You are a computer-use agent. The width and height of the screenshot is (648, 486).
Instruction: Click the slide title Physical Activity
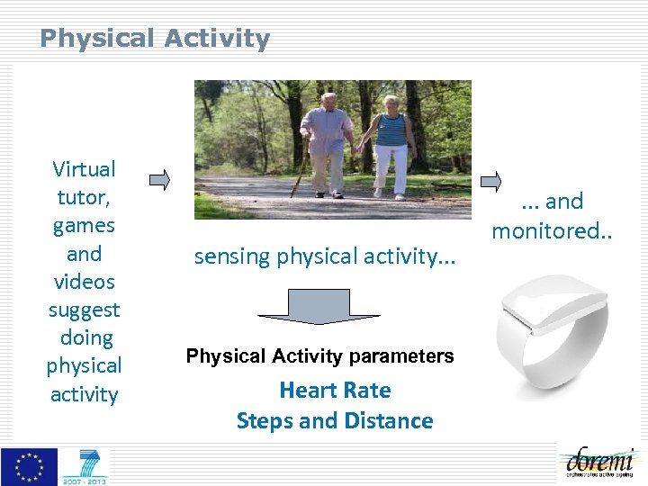tap(155, 39)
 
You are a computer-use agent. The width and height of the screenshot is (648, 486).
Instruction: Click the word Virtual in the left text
tap(85, 169)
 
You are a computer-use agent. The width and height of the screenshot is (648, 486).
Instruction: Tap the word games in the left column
tap(85, 225)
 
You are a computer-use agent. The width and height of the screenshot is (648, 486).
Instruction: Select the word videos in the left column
tap(85, 282)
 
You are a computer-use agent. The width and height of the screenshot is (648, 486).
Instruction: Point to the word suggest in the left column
tap(85, 310)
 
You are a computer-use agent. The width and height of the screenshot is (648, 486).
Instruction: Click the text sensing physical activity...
tap(325, 256)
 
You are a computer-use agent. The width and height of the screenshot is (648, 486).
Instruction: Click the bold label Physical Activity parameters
tap(319, 356)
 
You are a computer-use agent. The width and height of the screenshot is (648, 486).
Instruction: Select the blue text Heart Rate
tap(335, 391)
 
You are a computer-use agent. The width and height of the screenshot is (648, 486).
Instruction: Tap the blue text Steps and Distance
tap(335, 421)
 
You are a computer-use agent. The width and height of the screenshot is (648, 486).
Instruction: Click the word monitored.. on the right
tap(551, 230)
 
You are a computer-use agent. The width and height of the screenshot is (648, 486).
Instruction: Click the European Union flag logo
tap(29, 466)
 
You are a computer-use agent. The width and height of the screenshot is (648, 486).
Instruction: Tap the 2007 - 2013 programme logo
tap(85, 466)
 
